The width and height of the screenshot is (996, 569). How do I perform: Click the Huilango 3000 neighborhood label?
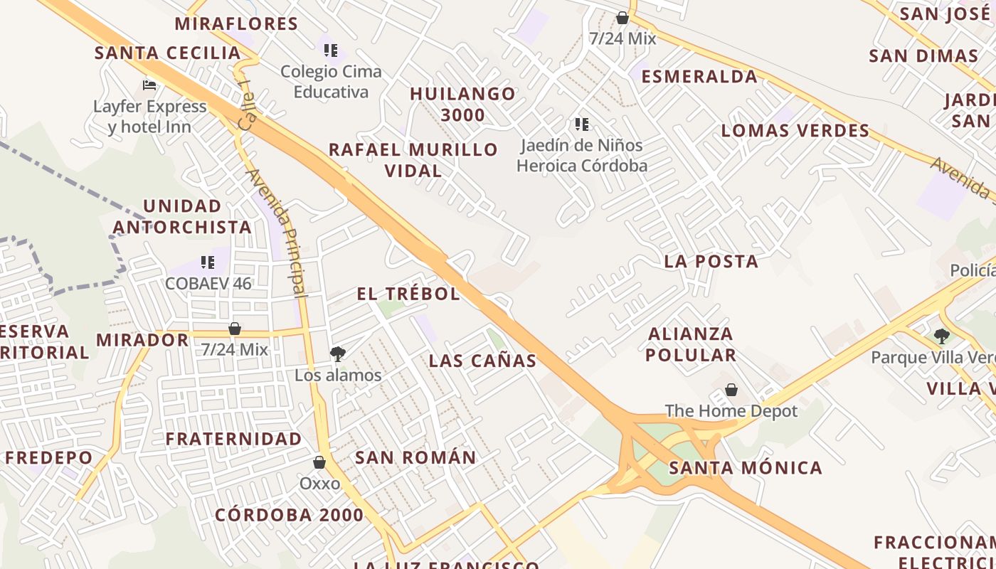click(x=462, y=104)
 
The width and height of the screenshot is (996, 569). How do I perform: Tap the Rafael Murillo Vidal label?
click(x=413, y=160)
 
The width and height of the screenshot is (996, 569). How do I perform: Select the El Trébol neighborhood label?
click(x=408, y=294)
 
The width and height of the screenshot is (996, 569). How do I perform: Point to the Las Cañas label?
click(x=482, y=361)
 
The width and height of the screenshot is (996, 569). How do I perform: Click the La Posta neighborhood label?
click(x=711, y=262)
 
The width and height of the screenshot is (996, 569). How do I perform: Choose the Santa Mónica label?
click(x=746, y=468)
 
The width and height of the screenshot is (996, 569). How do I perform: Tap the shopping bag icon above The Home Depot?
click(x=731, y=390)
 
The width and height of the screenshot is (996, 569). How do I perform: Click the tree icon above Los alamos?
click(x=338, y=353)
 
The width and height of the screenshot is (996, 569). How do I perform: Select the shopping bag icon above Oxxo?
click(x=319, y=462)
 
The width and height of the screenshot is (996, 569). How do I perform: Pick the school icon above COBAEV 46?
click(x=208, y=262)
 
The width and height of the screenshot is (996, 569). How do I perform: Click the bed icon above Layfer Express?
click(x=149, y=85)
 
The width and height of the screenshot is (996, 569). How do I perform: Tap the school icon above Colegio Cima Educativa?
click(x=331, y=50)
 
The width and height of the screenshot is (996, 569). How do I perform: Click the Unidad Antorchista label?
click(x=182, y=217)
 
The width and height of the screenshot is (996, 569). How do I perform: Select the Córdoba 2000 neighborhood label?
click(x=289, y=515)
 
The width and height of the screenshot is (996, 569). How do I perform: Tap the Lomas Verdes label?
click(x=795, y=131)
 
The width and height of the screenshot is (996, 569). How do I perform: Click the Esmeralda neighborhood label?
click(x=699, y=77)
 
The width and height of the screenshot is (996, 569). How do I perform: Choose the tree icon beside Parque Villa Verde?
click(x=942, y=336)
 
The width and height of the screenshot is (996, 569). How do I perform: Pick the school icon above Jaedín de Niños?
click(x=582, y=124)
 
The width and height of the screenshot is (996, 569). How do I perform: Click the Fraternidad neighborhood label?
click(x=234, y=439)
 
